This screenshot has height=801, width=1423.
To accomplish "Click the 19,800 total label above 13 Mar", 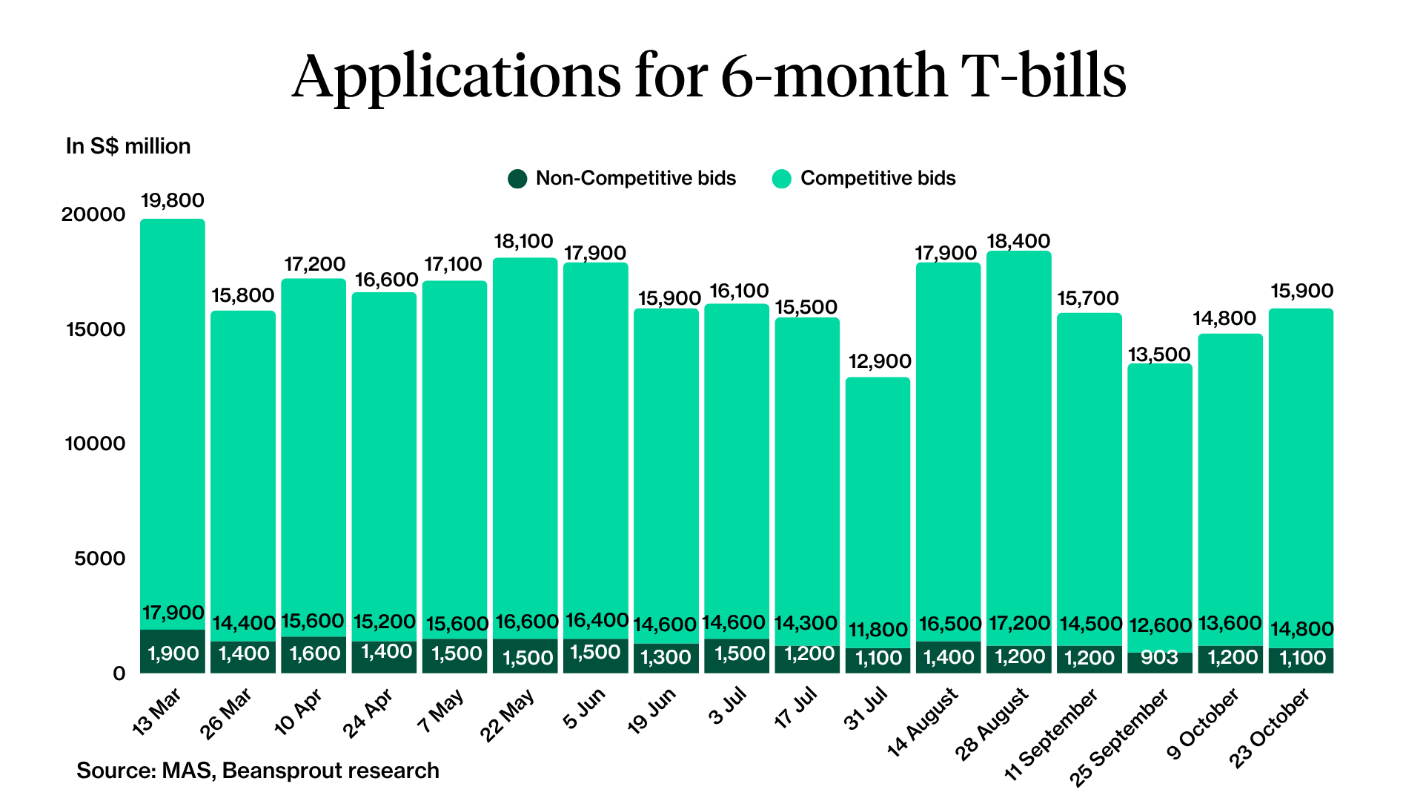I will (172, 200).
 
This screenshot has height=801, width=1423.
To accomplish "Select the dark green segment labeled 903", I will (1159, 658).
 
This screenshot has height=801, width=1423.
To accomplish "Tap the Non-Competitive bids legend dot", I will (517, 179).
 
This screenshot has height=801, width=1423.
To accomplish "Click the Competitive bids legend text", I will (878, 179).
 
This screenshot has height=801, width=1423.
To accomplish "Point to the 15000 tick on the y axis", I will (96, 329).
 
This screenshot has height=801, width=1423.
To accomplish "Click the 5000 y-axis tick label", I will (100, 558).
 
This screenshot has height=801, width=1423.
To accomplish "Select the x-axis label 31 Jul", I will (866, 709).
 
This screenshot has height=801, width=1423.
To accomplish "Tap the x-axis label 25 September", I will (1119, 736).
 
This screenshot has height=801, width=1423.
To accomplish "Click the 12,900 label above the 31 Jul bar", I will (879, 361).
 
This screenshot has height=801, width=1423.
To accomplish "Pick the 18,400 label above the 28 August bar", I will (1018, 241).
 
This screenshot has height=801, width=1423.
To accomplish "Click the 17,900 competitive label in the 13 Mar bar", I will (173, 613).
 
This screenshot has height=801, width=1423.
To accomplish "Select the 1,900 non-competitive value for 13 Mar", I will (173, 653).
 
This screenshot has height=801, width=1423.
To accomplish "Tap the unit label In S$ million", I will (128, 146).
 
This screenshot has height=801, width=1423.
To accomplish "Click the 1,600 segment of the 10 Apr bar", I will (314, 653).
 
